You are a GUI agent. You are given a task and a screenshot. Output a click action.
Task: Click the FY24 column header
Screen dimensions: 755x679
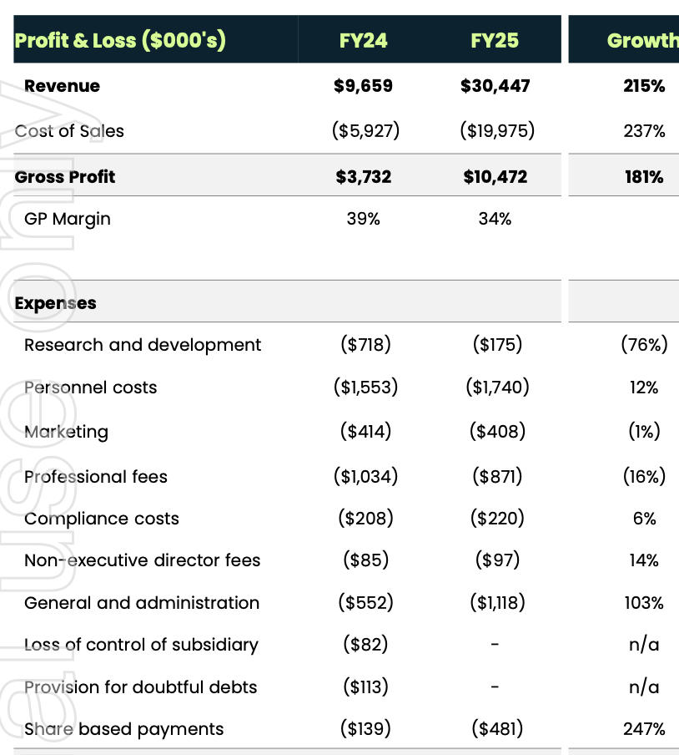tap(364, 39)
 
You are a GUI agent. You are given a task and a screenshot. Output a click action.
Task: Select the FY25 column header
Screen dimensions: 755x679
tap(495, 39)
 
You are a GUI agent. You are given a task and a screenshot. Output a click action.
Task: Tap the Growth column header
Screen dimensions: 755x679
tap(641, 39)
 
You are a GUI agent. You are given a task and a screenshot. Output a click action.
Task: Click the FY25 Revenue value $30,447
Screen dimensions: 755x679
tap(495, 86)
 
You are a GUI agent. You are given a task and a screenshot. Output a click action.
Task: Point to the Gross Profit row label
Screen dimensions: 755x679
tap(65, 176)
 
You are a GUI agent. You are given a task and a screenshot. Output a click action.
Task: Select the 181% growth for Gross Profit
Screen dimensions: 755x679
tap(644, 176)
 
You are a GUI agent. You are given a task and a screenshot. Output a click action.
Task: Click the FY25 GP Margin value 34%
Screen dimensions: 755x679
tap(495, 219)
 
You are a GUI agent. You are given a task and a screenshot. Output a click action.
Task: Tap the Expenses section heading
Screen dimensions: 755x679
tap(55, 303)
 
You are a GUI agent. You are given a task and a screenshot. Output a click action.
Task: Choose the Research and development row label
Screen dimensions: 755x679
tap(143, 345)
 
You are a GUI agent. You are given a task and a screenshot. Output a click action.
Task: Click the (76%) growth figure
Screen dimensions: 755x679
tap(644, 345)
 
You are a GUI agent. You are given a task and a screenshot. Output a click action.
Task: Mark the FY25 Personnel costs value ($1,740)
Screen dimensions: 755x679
tap(498, 388)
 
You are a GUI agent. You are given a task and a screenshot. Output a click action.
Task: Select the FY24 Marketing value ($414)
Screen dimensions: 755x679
tap(365, 432)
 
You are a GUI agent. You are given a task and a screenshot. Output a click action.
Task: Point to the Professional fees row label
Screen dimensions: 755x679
tap(96, 477)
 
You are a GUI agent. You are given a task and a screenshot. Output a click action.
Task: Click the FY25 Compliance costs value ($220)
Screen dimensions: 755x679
tap(498, 519)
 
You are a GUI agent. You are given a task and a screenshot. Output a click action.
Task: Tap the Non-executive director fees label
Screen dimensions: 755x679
tap(143, 560)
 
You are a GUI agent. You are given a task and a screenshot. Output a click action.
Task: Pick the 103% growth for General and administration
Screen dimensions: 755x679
tap(644, 603)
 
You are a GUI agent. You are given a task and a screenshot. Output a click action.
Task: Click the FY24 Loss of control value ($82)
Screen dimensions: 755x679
tap(365, 645)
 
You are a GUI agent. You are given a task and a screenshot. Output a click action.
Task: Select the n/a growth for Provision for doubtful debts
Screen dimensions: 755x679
tap(644, 687)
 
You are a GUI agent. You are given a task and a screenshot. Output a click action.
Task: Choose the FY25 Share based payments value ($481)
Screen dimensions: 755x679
tap(498, 729)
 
